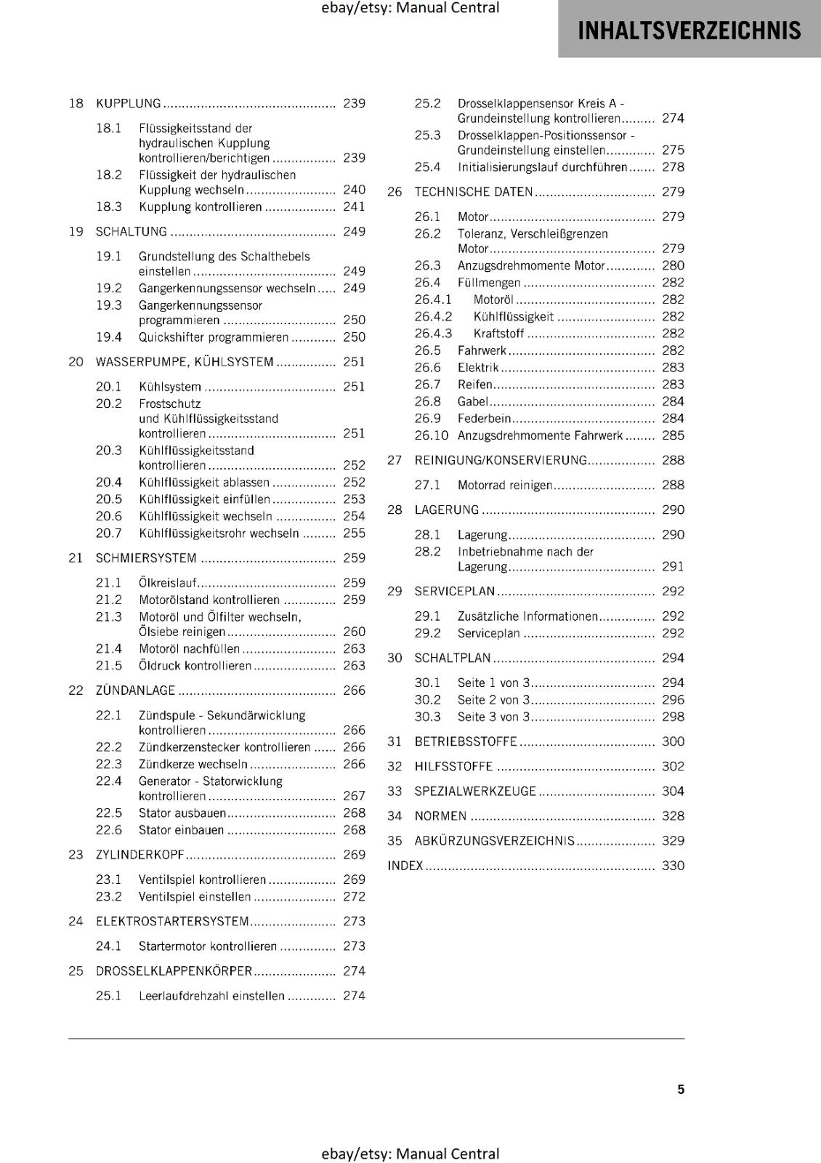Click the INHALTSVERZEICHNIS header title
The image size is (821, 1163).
coord(689,31)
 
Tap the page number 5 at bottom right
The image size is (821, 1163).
coord(681,1089)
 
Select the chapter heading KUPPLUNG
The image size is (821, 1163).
coord(129,103)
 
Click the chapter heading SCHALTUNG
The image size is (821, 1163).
coord(132,231)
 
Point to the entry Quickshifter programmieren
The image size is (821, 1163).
coord(214,337)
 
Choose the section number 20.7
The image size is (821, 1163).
coord(109,534)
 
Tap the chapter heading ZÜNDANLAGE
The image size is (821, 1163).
coord(136,691)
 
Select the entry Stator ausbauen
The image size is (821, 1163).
coord(182,813)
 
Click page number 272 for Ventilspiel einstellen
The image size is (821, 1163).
coord(354,897)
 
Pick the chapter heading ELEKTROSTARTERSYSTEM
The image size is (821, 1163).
coord(173,922)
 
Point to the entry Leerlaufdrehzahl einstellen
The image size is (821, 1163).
coord(211,996)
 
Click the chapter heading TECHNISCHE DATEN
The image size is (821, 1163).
coord(474,192)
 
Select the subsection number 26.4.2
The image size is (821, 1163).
coord(433,317)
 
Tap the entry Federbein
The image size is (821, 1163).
coord(485,419)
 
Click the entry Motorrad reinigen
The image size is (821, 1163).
coord(505,486)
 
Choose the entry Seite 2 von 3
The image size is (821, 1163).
coord(493,700)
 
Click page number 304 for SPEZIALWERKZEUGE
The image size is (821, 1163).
coord(673,792)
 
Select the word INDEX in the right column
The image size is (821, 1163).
coord(405,866)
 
